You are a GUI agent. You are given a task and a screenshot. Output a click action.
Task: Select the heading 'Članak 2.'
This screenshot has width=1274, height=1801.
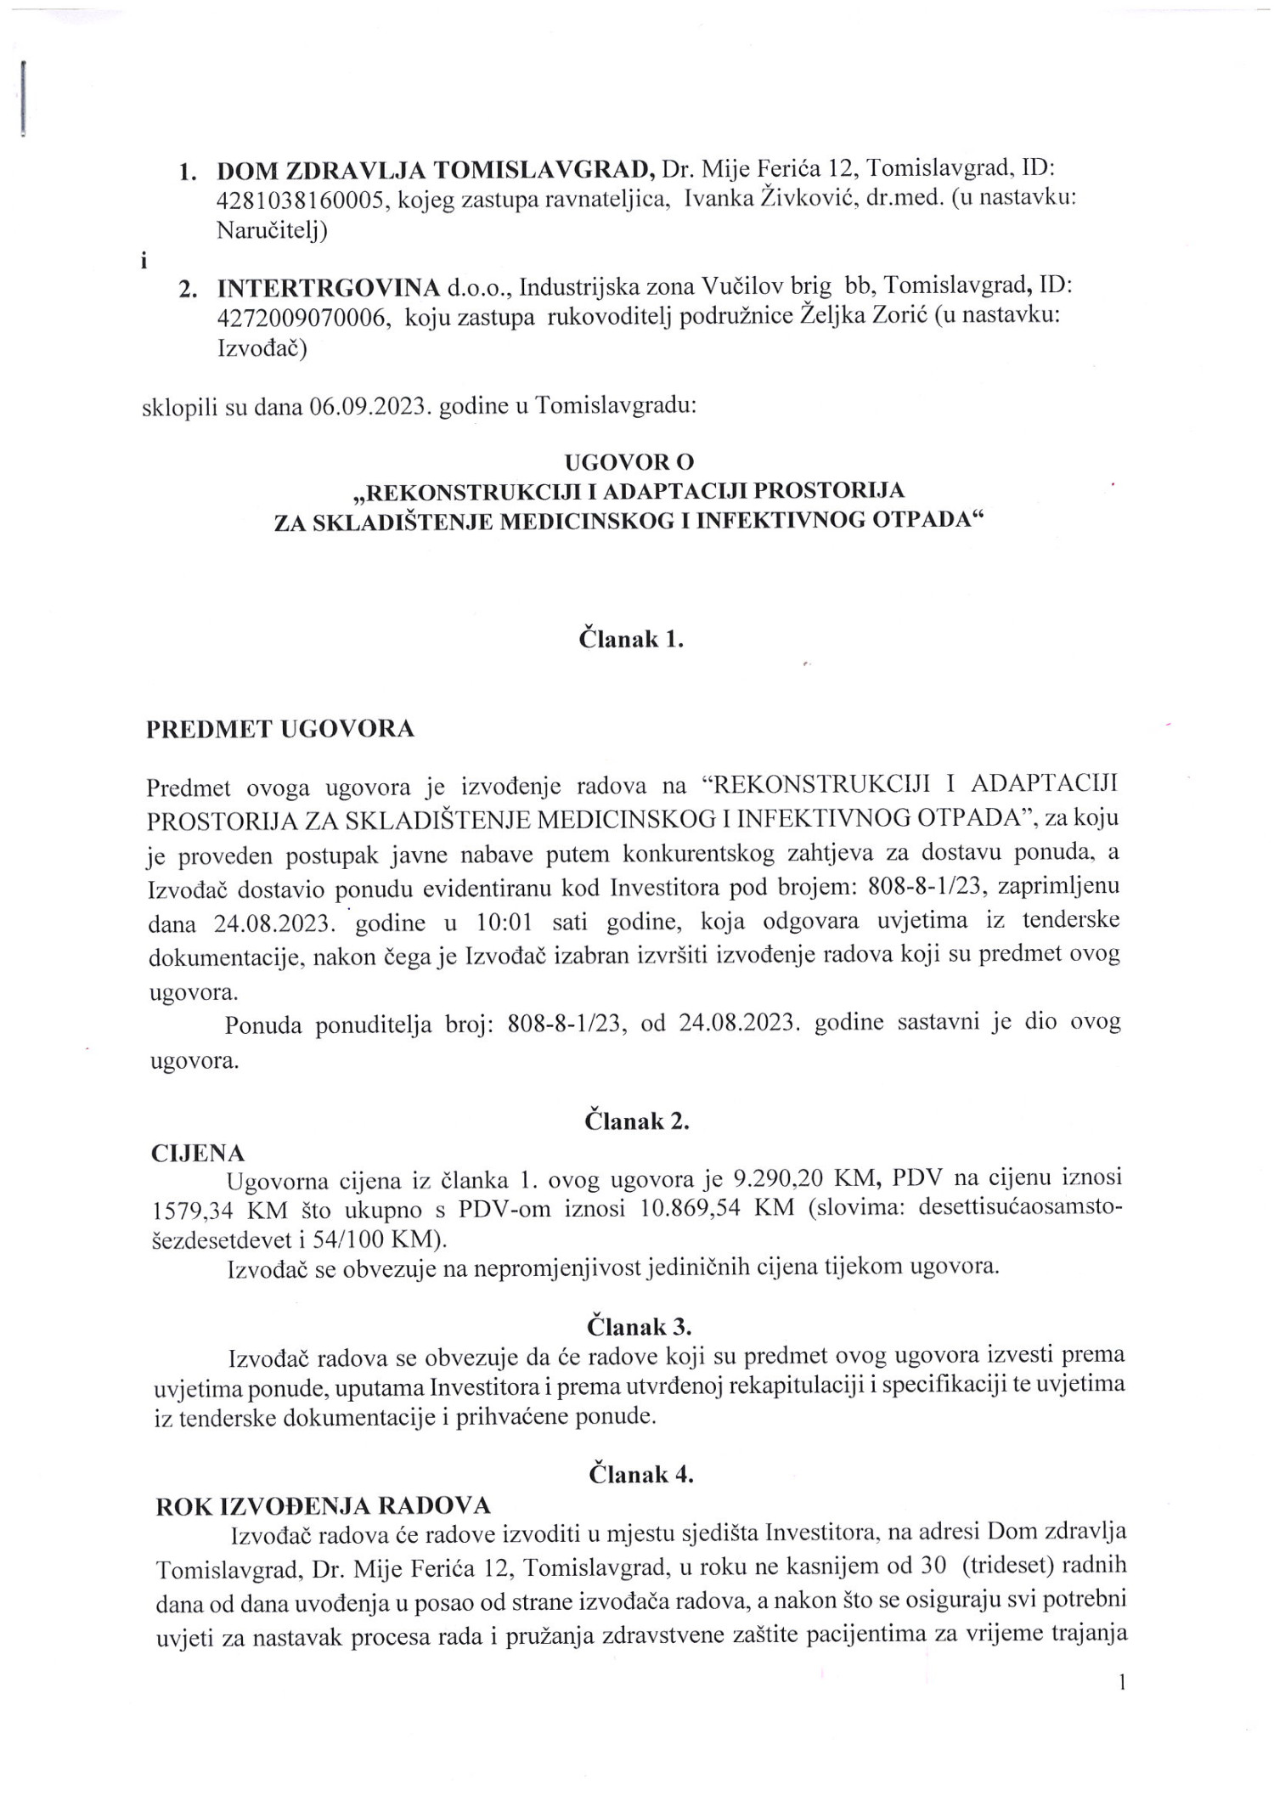636,1121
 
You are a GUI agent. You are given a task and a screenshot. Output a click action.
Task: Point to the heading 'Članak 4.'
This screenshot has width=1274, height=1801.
641,1474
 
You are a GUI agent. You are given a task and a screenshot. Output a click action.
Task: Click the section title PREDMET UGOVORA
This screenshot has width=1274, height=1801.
281,730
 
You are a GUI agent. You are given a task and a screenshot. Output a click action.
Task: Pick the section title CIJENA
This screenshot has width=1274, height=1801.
198,1153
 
